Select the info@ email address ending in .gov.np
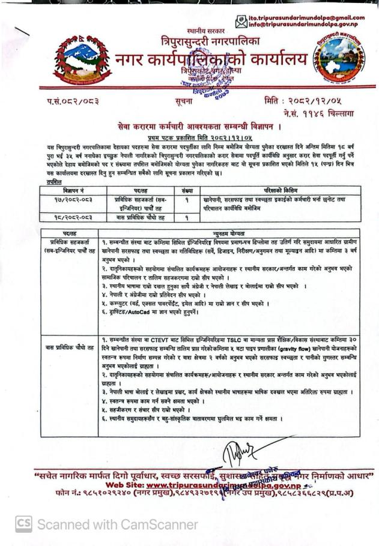pyautogui.click(x=307, y=25)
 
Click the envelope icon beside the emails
pyautogui.click(x=241, y=22)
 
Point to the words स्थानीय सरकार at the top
pyautogui.click(x=205, y=30)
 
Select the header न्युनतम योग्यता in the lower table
pyautogui.click(x=229, y=230)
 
